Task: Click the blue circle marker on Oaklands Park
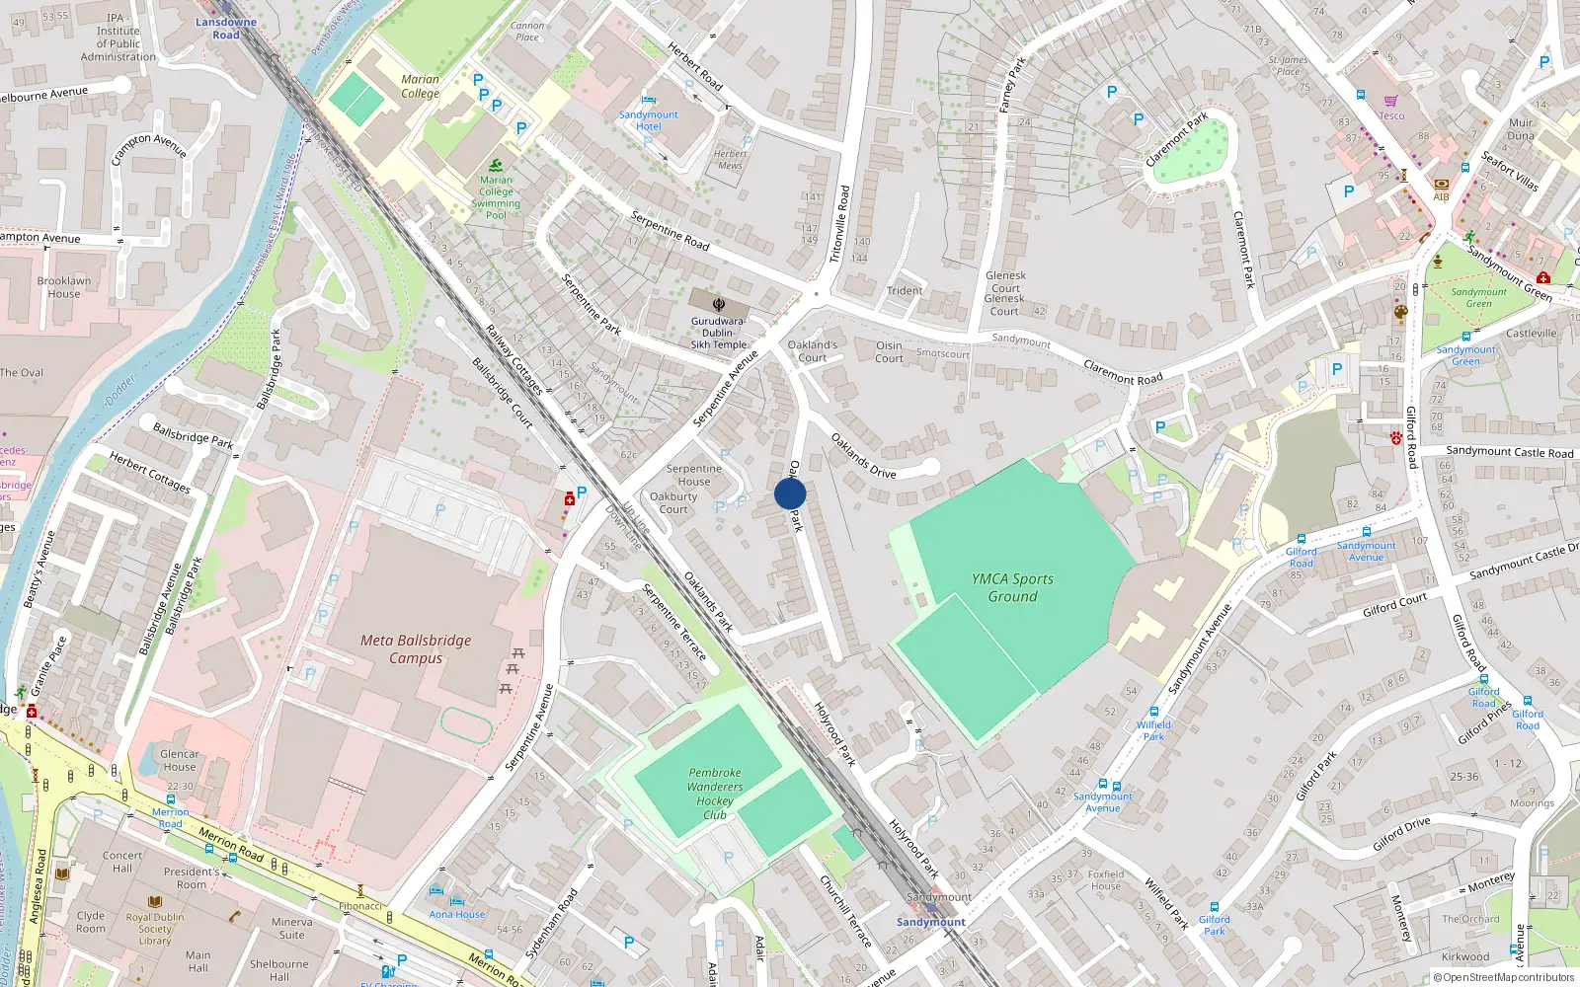[790, 493]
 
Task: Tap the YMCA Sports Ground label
[1012, 587]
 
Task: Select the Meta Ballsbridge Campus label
[416, 648]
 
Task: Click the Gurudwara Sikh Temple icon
[719, 303]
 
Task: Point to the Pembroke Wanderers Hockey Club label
[715, 794]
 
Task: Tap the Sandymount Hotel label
[648, 120]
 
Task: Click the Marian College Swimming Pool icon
[497, 166]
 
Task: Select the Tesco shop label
[1391, 115]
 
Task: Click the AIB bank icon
[1441, 184]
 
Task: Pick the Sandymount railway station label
[931, 922]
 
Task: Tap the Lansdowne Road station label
[225, 28]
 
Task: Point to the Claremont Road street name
[1123, 372]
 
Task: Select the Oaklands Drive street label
[863, 455]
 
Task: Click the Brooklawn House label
[64, 287]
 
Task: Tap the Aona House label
[457, 914]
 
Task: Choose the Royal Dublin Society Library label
[155, 929]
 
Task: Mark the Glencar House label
[180, 760]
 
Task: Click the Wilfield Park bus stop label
[1153, 730]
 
